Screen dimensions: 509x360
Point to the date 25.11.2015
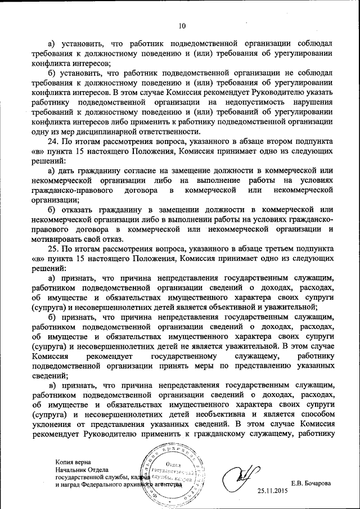(273, 491)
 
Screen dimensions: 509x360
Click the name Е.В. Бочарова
(311, 483)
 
